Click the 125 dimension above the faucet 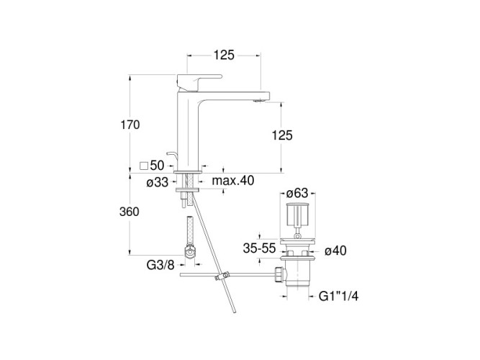224,55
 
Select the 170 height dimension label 130,125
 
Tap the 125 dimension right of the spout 282,135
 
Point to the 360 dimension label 130,212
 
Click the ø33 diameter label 158,183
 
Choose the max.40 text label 233,181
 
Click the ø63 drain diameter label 297,194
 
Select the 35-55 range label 259,248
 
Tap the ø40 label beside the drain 335,251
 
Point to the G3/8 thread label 160,265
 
